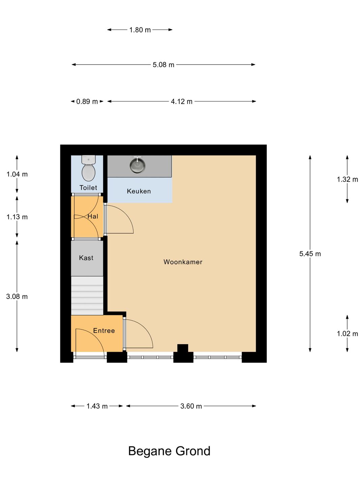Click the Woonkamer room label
[x=183, y=262]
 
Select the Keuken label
[x=139, y=191]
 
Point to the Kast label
[x=86, y=258]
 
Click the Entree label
[x=104, y=331]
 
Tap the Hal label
[x=93, y=217]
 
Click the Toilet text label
[x=88, y=188]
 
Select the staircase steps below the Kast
[x=87, y=296]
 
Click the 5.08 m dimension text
[x=163, y=65]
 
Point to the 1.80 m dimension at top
[x=140, y=30]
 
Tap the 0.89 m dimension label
[x=87, y=101]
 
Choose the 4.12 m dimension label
[x=182, y=101]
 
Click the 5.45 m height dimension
[x=310, y=254]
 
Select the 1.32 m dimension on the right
[x=347, y=180]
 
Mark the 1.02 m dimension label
[x=347, y=334]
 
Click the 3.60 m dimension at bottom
[x=191, y=406]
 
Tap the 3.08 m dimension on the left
[x=17, y=297]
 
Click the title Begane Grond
[x=169, y=451]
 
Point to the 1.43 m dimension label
[x=97, y=406]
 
